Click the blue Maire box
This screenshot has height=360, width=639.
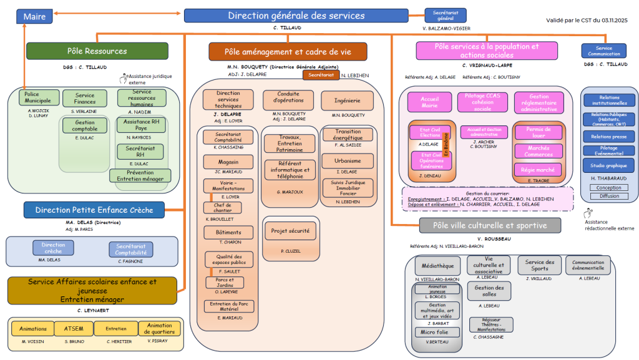click(x=34, y=17)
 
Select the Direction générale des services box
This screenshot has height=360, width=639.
click(x=296, y=16)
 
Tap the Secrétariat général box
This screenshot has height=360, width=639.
click(x=445, y=16)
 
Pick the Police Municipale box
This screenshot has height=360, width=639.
click(x=38, y=98)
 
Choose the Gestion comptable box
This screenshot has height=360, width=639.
click(x=84, y=125)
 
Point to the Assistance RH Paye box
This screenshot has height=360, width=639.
click(x=142, y=125)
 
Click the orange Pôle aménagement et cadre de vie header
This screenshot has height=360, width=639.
click(x=288, y=52)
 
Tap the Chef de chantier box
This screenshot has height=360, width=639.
click(x=223, y=208)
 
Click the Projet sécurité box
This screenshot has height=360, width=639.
click(x=290, y=231)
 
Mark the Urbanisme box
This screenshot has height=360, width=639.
click(x=347, y=160)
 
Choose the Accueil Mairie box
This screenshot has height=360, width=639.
click(x=429, y=102)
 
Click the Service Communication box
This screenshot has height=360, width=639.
click(x=603, y=51)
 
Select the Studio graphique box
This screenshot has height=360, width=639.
click(x=609, y=166)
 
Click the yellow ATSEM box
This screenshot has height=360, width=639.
click(x=74, y=328)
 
